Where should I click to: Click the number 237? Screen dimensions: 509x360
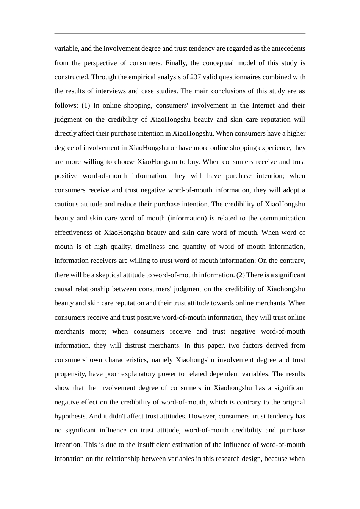(196, 77)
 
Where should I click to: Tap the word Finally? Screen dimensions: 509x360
(176, 63)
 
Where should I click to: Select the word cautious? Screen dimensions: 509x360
(66, 204)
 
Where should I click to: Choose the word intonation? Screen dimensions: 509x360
(69, 459)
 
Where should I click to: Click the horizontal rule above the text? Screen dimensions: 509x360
(180, 33)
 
